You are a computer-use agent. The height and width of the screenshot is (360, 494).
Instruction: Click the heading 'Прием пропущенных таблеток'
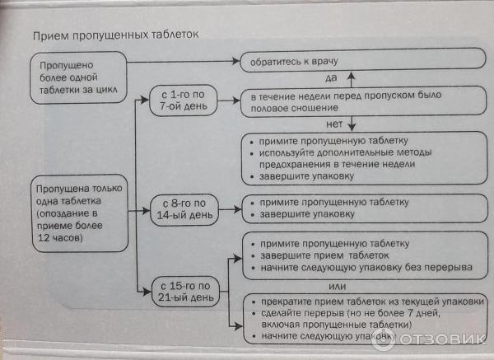[115, 36]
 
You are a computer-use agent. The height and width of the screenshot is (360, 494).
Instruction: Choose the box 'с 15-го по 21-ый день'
[183, 292]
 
